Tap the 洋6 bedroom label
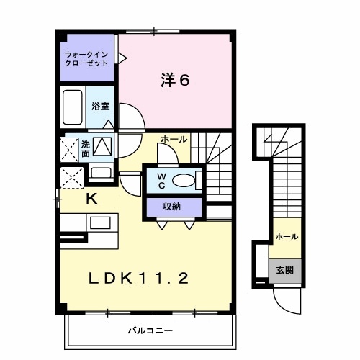(x=175, y=80)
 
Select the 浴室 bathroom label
(x=100, y=107)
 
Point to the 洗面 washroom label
(x=85, y=148)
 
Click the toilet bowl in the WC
(x=184, y=181)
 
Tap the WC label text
(x=161, y=180)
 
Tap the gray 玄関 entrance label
(x=286, y=270)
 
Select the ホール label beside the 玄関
(x=287, y=236)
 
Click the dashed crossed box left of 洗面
(x=70, y=148)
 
